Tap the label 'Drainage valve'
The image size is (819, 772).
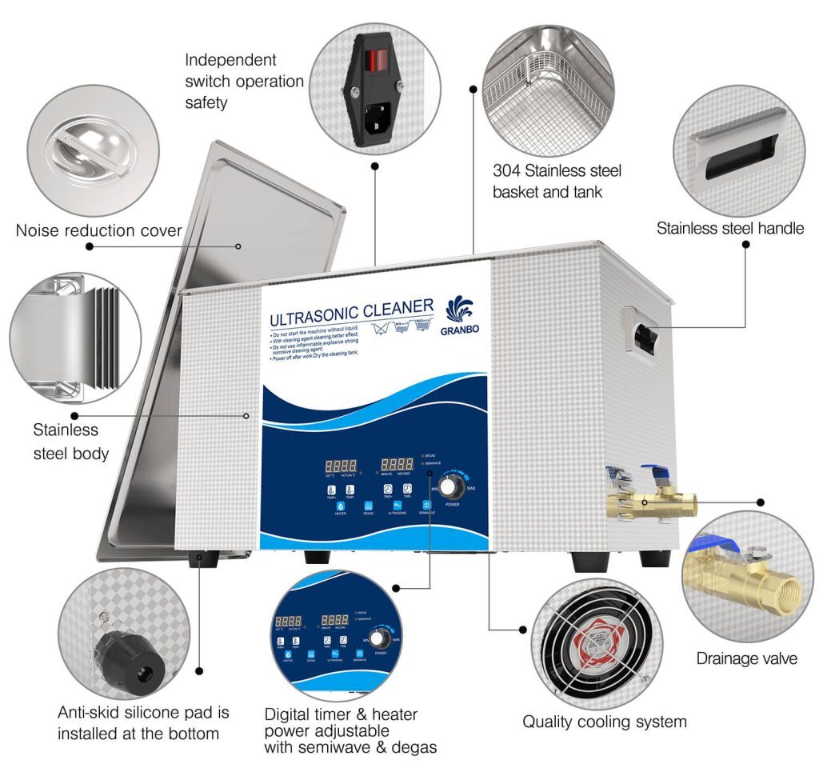tap(746, 658)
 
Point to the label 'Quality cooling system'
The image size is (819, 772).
tap(604, 722)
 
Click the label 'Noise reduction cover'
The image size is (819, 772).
tap(98, 231)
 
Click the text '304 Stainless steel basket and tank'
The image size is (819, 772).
tap(557, 181)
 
